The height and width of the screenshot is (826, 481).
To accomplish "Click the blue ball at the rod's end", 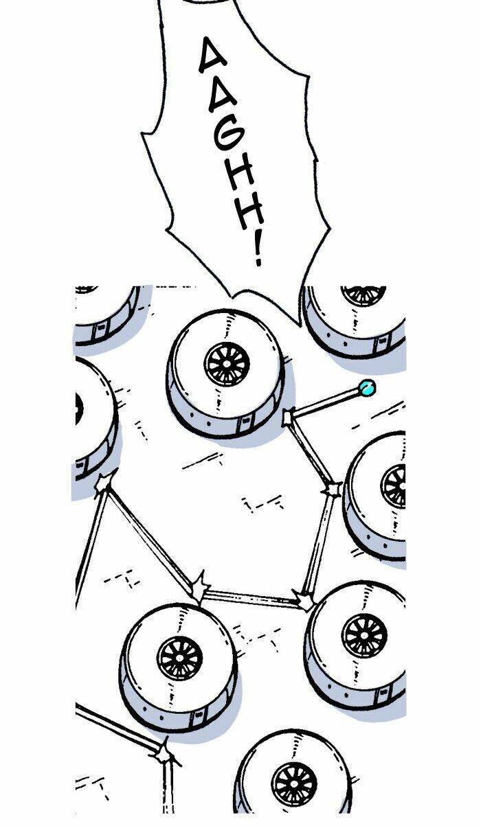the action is (367, 388).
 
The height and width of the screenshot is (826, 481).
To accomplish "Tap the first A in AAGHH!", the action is (214, 56).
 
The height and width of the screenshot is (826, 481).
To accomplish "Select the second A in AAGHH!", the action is (223, 95).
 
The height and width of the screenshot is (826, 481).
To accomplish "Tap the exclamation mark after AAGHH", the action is (258, 251).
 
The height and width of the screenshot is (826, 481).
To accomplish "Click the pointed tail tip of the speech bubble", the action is (300, 326).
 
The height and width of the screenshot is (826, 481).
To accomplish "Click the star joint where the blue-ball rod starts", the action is (287, 417).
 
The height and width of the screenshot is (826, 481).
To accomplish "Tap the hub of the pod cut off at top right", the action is (363, 295).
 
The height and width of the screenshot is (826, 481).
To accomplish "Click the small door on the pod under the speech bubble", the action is (244, 424).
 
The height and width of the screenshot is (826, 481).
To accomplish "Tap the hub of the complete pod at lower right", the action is (364, 636).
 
